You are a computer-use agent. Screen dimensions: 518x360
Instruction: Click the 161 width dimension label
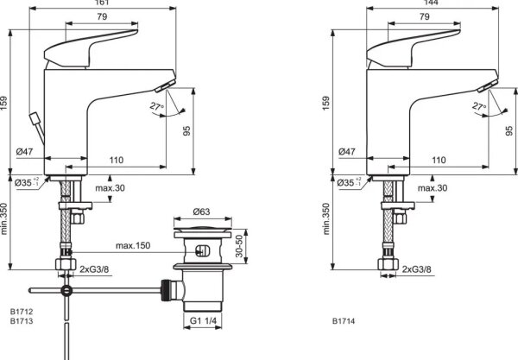(x=103, y=3)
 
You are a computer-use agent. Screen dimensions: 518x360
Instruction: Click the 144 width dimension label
(x=431, y=3)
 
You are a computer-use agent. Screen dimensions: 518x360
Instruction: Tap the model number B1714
(x=344, y=321)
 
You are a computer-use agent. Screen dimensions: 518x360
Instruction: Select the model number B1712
(x=22, y=312)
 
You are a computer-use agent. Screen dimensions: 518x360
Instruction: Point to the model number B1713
(x=22, y=321)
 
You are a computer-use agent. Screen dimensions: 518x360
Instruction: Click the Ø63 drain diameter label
(x=201, y=212)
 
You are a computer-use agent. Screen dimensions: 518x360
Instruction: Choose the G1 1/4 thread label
(x=203, y=320)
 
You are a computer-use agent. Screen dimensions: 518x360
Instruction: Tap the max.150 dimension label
(x=133, y=246)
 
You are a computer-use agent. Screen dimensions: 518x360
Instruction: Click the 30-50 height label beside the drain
(x=239, y=246)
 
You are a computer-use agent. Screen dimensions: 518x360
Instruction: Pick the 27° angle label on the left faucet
(x=156, y=107)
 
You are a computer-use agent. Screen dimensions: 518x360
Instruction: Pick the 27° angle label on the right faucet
(x=479, y=107)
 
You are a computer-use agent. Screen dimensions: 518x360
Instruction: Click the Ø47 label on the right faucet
(x=347, y=152)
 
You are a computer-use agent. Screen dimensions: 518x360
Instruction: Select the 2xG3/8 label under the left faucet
(x=94, y=269)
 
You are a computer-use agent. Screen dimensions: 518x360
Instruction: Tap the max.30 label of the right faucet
(x=433, y=188)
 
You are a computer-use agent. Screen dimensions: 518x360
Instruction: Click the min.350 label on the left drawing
(x=4, y=219)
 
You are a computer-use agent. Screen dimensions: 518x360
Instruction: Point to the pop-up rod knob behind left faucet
(x=34, y=118)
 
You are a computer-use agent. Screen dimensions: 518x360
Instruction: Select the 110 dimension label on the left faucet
(x=117, y=161)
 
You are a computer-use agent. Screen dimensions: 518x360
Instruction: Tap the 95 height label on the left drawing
(x=186, y=131)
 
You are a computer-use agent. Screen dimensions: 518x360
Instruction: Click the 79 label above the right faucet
(x=425, y=16)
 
